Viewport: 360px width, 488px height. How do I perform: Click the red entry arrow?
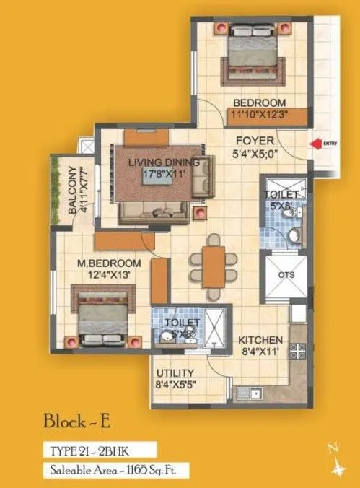pos(315,144)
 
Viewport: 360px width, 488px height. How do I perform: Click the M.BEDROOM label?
pos(105,269)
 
